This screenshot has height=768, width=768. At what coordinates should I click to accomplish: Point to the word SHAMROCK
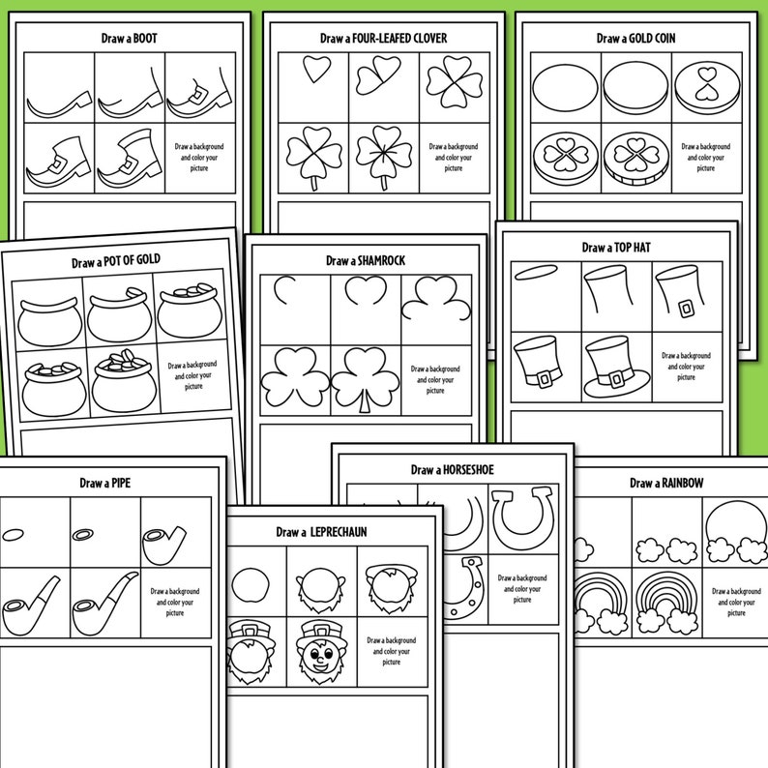coord(382,261)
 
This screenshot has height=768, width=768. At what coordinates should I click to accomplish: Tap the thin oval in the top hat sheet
coord(542,275)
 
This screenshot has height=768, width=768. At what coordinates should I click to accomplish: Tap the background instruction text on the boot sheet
coord(198,157)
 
